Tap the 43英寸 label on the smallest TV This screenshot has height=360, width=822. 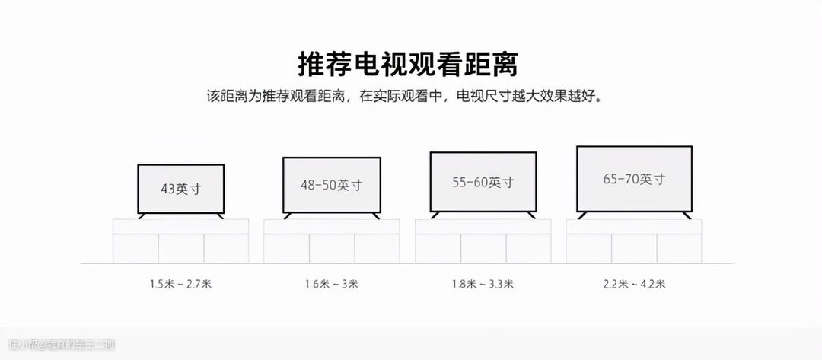(x=180, y=189)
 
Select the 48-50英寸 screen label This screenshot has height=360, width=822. (x=331, y=185)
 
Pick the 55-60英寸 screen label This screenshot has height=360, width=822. (x=483, y=183)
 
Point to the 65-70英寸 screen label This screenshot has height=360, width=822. (x=634, y=180)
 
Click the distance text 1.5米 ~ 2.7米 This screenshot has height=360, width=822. (x=180, y=285)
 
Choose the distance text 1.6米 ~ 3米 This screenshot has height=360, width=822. (x=331, y=285)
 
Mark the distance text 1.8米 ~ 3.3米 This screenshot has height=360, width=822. (x=483, y=285)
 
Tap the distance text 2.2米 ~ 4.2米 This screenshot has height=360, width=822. (x=634, y=285)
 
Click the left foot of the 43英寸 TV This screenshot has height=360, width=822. (x=142, y=216)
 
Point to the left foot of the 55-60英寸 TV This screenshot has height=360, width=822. (x=436, y=215)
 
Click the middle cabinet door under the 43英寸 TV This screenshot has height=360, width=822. (x=180, y=248)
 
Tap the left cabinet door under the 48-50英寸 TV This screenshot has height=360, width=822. (x=286, y=248)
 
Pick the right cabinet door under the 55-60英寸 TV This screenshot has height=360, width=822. (x=527, y=248)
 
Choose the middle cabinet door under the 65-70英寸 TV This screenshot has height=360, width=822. (x=634, y=248)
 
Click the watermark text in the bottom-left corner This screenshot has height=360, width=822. (x=61, y=346)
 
